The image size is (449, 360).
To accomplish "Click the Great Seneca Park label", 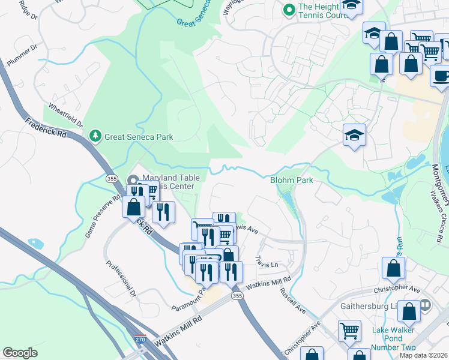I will point(139,137).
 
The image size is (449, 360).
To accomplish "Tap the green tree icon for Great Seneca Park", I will point(95,136).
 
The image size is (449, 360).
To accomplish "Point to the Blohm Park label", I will point(292,180).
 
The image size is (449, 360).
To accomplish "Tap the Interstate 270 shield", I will point(140,340).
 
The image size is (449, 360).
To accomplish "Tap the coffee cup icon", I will point(441,76).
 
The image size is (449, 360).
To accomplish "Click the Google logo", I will point(20,352).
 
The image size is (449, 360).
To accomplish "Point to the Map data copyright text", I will point(423,355).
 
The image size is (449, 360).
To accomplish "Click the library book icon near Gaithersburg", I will point(426,305).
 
